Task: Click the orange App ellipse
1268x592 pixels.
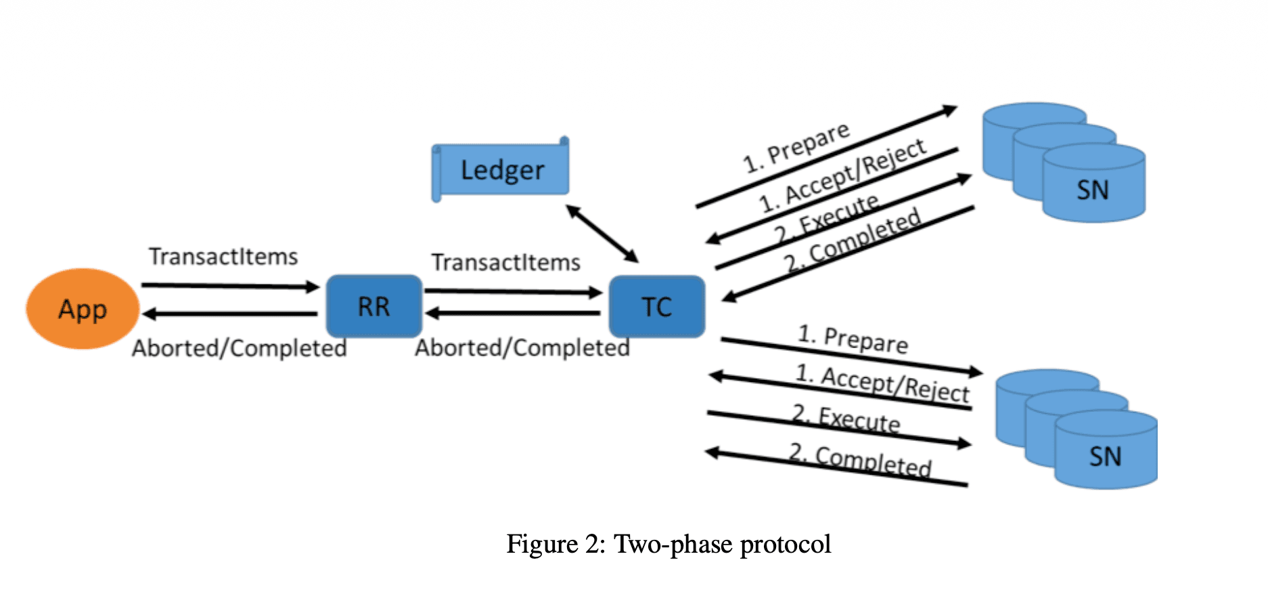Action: pos(83,309)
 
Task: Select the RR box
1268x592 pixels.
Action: pos(374,306)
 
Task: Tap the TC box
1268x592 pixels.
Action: pos(657,306)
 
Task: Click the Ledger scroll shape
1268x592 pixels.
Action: pos(501,169)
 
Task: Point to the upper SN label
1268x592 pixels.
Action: pos(1093,190)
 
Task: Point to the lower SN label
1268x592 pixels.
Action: pos(1105,457)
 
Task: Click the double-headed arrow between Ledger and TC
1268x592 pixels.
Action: pos(602,234)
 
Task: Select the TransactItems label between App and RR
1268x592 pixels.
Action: pos(223,257)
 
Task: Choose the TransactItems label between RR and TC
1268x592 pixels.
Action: pos(506,262)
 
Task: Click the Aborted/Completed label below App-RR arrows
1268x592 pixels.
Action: pos(240,348)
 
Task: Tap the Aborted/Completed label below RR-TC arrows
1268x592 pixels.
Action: pos(522,348)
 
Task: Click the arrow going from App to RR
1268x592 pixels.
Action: pos(230,286)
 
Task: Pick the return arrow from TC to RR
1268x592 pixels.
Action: pos(513,313)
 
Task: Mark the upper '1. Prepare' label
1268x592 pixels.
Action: pos(796,148)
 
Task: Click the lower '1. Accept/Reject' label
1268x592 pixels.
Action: pos(882,383)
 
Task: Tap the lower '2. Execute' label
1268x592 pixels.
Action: pos(846,418)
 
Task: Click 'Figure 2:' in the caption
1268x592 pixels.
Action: pos(556,545)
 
